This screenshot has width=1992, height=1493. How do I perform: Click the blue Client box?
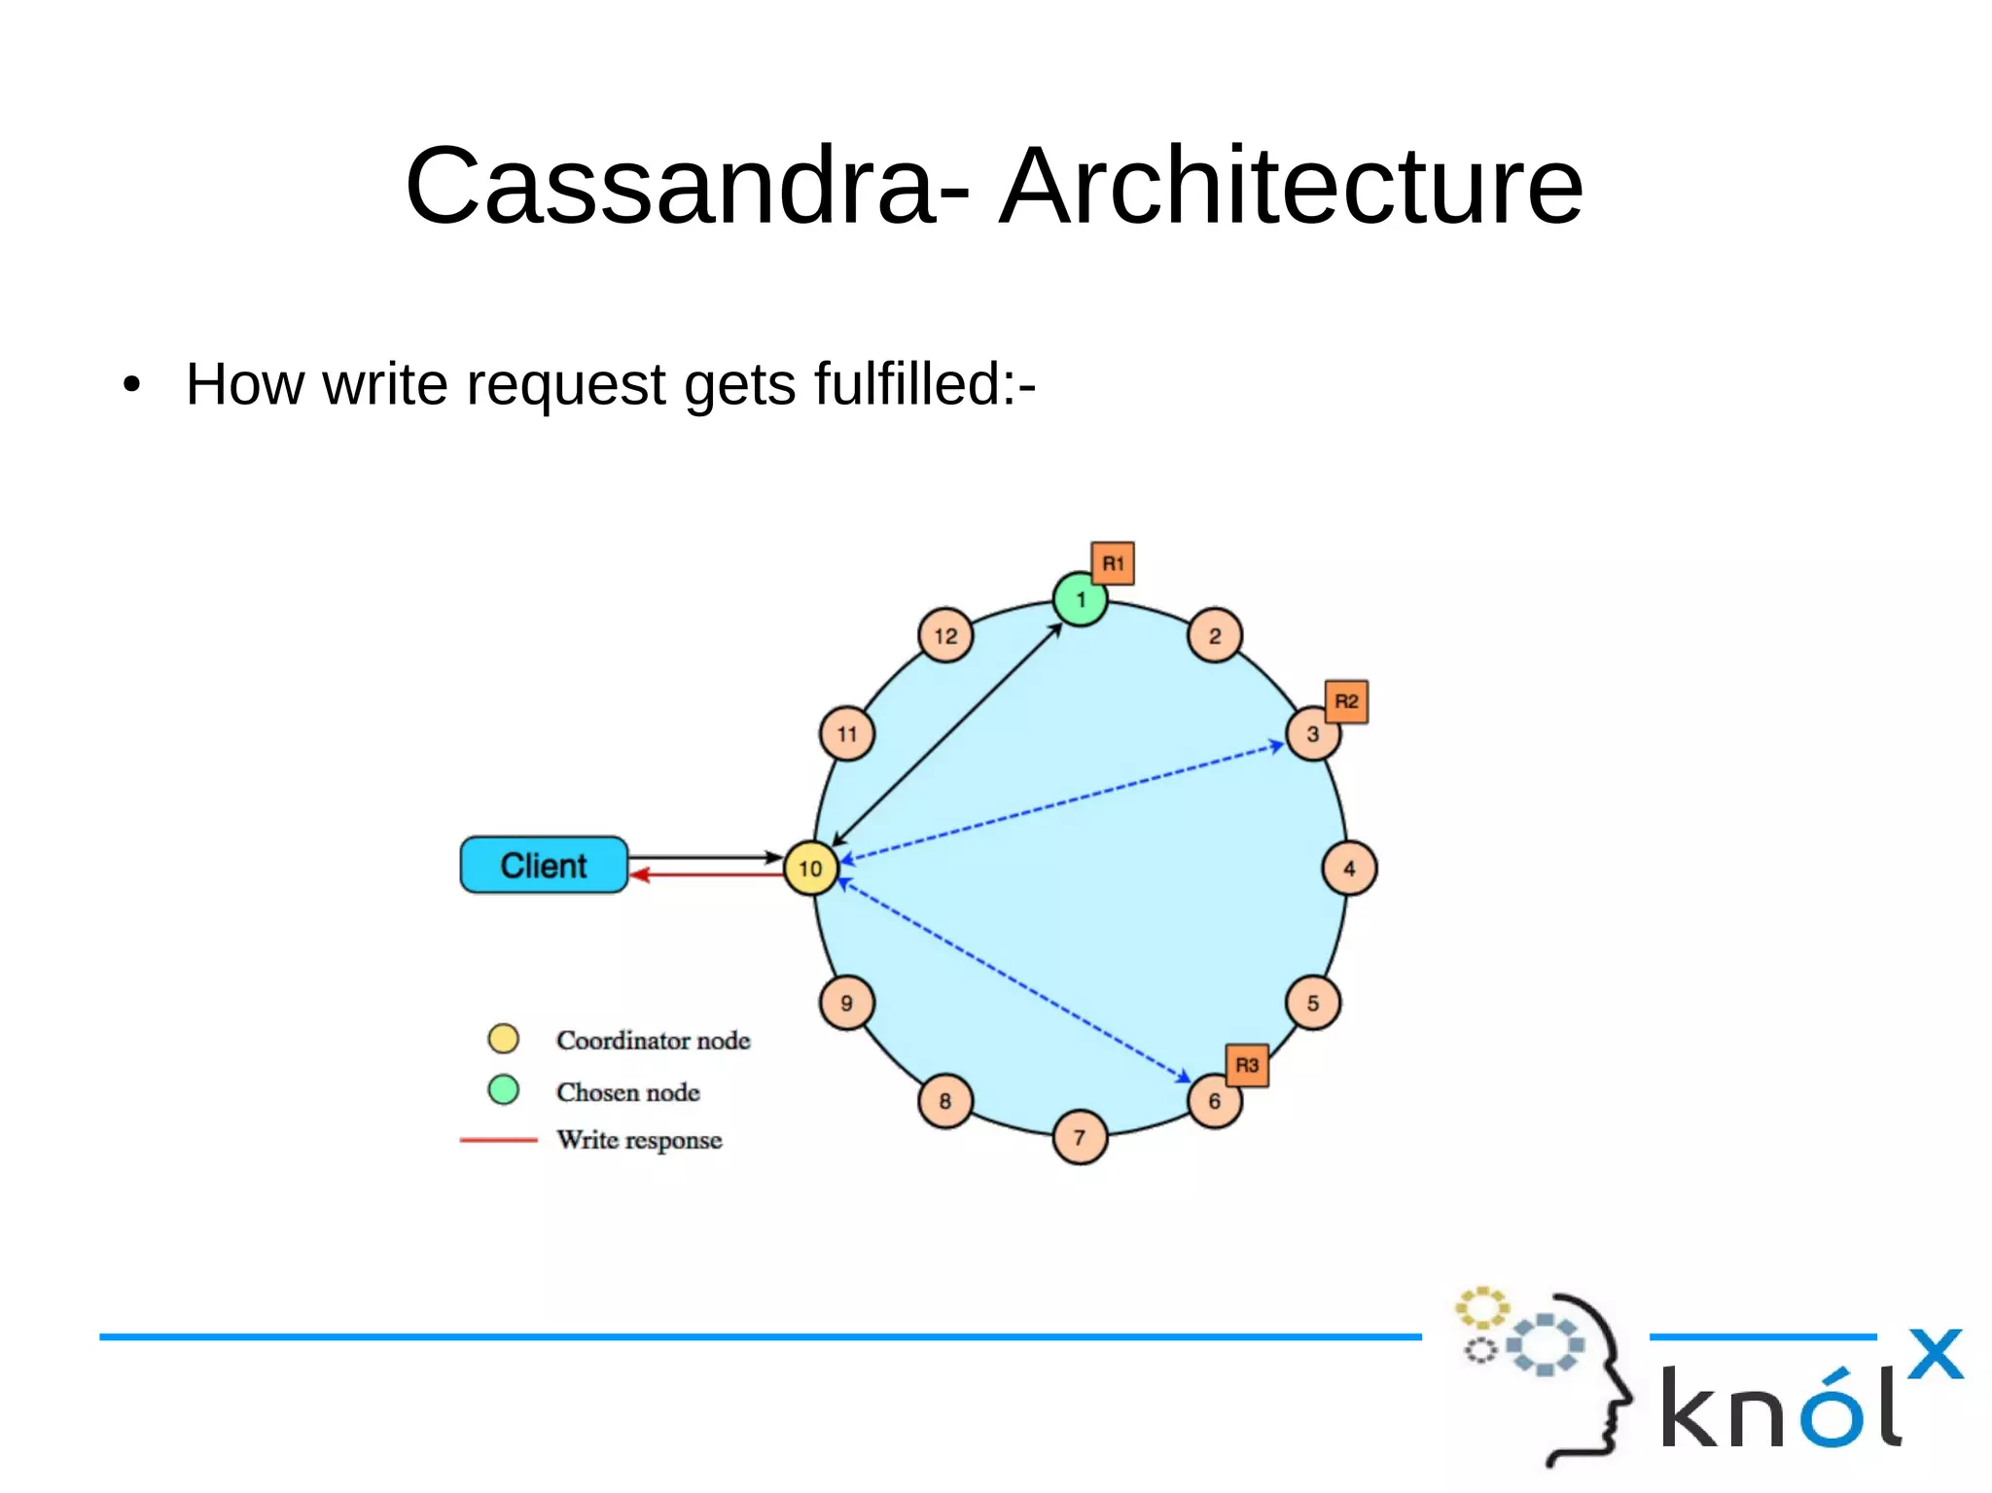(544, 865)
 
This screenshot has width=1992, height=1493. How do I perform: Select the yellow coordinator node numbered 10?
(810, 869)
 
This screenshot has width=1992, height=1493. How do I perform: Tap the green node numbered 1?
(1080, 600)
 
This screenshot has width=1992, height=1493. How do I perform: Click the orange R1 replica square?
(1113, 563)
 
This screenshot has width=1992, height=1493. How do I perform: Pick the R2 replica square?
(1346, 701)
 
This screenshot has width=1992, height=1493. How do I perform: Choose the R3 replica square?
(1247, 1065)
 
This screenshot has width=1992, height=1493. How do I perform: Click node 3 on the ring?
(1312, 734)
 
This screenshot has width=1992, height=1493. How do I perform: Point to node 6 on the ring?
(1214, 1102)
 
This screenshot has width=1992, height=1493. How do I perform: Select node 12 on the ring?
(945, 636)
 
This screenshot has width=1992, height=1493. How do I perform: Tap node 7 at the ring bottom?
(1080, 1137)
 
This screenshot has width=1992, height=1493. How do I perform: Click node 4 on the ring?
(1349, 869)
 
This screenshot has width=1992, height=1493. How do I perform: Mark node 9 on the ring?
(846, 1003)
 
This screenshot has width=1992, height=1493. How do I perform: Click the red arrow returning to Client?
(710, 875)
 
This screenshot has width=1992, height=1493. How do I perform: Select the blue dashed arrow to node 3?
(1060, 803)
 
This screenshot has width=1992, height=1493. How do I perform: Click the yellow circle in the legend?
(503, 1039)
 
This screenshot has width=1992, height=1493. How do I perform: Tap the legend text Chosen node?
(627, 1092)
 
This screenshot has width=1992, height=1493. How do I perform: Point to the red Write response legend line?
(498, 1139)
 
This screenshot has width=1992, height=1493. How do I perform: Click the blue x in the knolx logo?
(1935, 1354)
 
